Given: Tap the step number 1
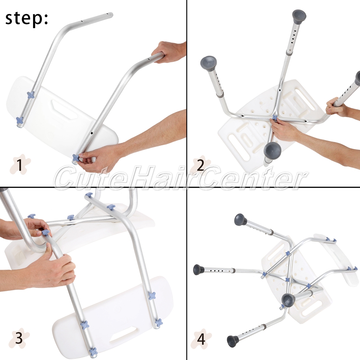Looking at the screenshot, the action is pos(20,165).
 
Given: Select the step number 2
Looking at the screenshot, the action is pos(201,165).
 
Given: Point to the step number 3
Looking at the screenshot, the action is pos(19,338).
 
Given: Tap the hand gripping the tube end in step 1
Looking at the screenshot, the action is pos(170,51).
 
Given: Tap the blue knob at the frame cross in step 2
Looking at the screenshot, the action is pos(275,118).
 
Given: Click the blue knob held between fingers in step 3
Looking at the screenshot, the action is pos(46,233).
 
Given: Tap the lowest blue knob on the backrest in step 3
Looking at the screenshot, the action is pos(93,352).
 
